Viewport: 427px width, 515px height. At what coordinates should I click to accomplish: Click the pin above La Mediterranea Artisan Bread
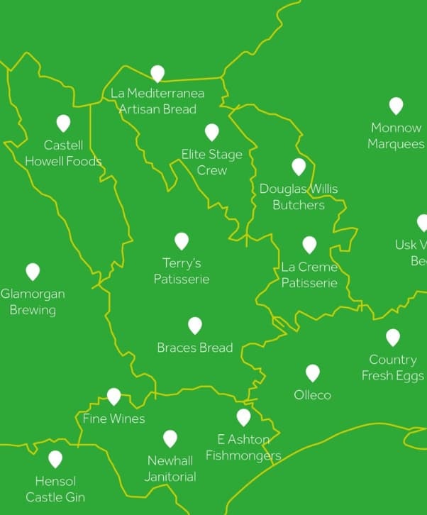pyautogui.click(x=157, y=73)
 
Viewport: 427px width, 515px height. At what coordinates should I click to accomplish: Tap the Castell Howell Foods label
pyautogui.click(x=63, y=153)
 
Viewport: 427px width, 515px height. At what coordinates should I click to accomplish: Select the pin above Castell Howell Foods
pyautogui.click(x=63, y=123)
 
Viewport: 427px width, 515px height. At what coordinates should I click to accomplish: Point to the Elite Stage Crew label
pyautogui.click(x=212, y=162)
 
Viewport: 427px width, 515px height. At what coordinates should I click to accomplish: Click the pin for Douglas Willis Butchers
pyautogui.click(x=299, y=166)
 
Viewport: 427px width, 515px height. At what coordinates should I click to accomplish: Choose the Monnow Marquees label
pyautogui.click(x=396, y=135)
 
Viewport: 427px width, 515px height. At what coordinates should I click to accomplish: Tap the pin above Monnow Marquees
pyautogui.click(x=396, y=106)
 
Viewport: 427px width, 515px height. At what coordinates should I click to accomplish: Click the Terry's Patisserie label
pyautogui.click(x=182, y=271)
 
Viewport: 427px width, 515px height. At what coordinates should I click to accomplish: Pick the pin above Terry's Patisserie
pyautogui.click(x=182, y=240)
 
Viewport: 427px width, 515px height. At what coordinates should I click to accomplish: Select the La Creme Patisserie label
pyautogui.click(x=309, y=275)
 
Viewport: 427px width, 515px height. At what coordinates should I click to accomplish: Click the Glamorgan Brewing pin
pyautogui.click(x=33, y=271)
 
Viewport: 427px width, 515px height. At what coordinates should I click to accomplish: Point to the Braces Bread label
pyautogui.click(x=195, y=348)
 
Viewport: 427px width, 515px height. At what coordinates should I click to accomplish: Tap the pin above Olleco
pyautogui.click(x=313, y=372)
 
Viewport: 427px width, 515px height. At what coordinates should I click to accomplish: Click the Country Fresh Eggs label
pyautogui.click(x=392, y=367)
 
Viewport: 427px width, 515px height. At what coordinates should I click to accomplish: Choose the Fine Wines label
pyautogui.click(x=114, y=419)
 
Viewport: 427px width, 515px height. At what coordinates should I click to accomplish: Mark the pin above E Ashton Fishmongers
pyautogui.click(x=244, y=416)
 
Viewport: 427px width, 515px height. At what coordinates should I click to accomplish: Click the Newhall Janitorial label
pyautogui.click(x=170, y=469)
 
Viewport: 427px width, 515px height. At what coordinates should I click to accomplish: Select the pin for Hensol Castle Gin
pyautogui.click(x=55, y=459)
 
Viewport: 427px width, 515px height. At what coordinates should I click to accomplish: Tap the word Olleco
pyautogui.click(x=313, y=394)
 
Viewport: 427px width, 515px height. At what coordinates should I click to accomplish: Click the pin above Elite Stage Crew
pyautogui.click(x=212, y=132)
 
